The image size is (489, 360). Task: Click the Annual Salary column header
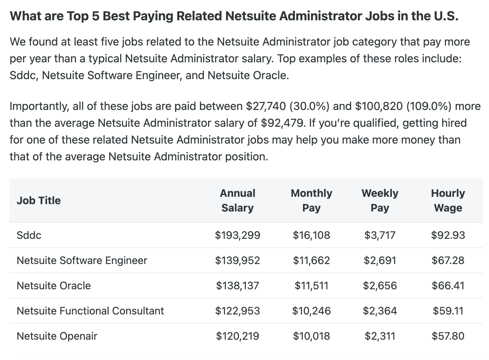point(237,200)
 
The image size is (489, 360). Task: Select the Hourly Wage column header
point(448,200)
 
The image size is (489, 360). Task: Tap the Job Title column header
point(39,200)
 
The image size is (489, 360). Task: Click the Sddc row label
point(29,235)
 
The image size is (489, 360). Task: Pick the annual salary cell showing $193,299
point(237,235)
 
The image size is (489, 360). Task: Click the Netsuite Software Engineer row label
point(82,260)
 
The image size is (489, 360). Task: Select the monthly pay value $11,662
point(311,260)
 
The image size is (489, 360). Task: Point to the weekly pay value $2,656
point(380,285)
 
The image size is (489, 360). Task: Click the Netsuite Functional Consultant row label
point(90,311)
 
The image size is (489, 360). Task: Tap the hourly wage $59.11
point(448,311)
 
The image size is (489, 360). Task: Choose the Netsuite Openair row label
point(57,336)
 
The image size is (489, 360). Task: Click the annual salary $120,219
point(237,336)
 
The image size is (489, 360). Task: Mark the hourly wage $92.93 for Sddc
point(448,235)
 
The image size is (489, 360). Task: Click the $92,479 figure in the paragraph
point(282,123)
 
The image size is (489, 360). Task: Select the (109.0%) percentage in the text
point(429,106)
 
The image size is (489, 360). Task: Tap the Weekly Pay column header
point(380,200)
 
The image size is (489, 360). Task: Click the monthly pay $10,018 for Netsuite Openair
point(311,336)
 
